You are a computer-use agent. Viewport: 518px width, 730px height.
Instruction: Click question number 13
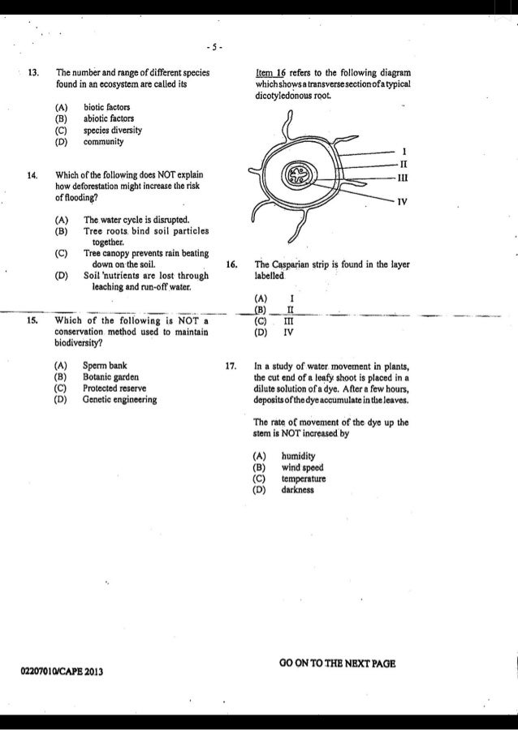point(33,72)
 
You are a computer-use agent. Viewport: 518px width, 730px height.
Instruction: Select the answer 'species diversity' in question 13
point(112,130)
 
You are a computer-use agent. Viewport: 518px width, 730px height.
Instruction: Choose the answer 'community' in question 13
point(104,141)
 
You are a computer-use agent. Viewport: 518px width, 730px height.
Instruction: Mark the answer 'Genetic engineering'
point(119,399)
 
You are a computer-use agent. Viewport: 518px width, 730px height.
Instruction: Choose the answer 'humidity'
point(298,456)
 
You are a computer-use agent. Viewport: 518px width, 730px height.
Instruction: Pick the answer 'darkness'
point(298,490)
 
